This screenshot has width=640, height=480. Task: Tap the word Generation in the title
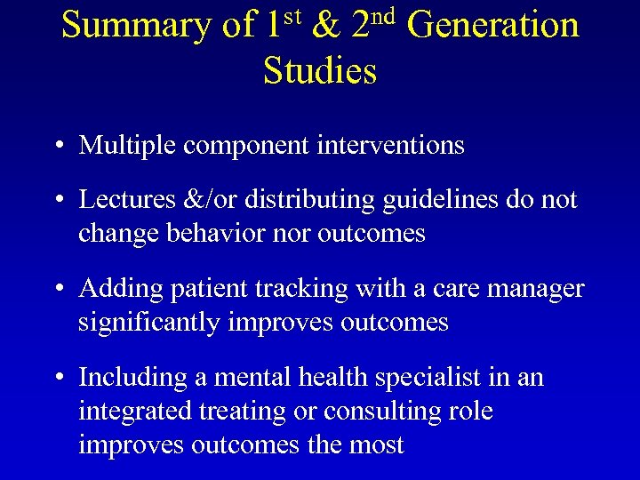point(493,25)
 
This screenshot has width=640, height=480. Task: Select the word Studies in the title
point(320,70)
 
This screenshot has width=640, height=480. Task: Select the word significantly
point(151,323)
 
